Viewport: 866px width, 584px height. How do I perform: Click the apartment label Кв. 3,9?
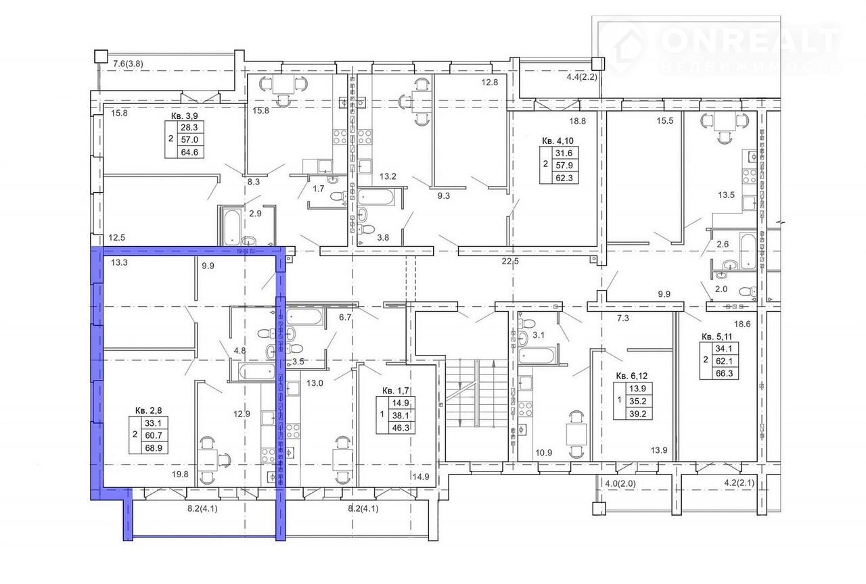[185, 116]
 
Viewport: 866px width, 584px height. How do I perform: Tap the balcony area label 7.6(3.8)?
[128, 64]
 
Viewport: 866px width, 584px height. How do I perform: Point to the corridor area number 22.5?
[510, 261]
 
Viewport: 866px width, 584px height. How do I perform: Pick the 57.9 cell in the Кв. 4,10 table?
[564, 166]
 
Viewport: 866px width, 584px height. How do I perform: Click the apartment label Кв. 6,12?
[632, 376]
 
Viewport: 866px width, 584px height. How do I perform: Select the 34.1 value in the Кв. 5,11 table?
[724, 349]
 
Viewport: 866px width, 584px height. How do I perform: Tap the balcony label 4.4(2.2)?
[582, 77]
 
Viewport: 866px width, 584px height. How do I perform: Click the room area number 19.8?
[180, 474]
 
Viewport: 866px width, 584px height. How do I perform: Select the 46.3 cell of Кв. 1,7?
[401, 428]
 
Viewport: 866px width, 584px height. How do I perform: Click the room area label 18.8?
[577, 121]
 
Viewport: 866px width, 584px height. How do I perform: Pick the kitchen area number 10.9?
[543, 453]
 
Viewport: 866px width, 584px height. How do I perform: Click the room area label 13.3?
[119, 263]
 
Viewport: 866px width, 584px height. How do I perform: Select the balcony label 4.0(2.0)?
[620, 483]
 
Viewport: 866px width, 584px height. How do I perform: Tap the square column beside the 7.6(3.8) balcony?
[101, 56]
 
